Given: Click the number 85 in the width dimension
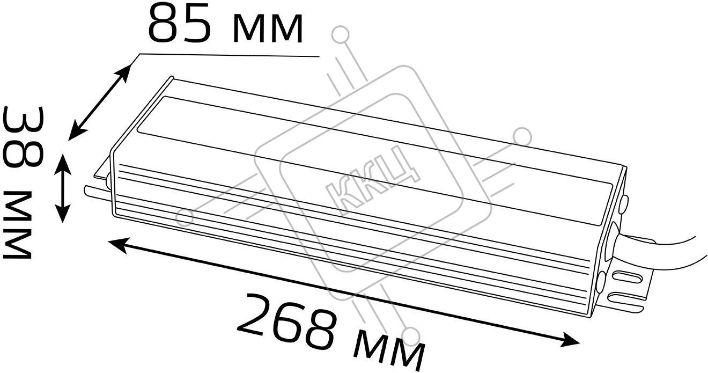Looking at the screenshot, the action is [180, 23].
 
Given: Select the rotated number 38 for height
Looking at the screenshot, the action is [23, 137].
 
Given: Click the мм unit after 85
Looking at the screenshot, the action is [268, 29].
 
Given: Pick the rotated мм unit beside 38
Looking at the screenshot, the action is [17, 225].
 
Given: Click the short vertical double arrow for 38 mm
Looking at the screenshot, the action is [63, 188].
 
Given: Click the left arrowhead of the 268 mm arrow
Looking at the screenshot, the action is [118, 245].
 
